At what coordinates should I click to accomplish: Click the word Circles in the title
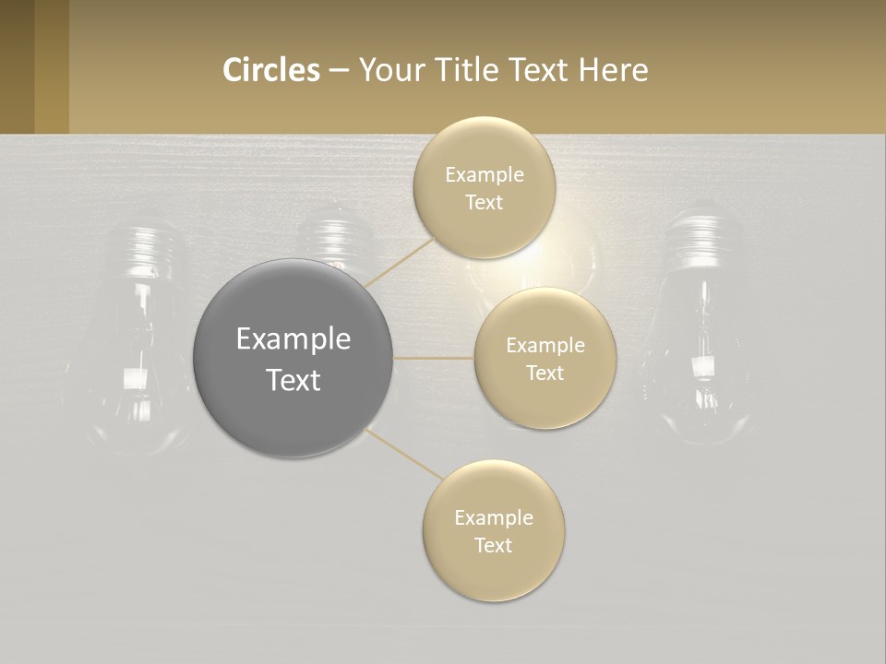tap(270, 70)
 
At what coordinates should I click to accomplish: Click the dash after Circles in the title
tap(339, 71)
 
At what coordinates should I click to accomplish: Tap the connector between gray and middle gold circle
tap(434, 358)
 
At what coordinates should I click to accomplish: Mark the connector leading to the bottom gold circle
tap(404, 455)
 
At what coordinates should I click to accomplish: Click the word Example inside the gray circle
tap(293, 339)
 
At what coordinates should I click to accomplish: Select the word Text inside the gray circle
tap(293, 380)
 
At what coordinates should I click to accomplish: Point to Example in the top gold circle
tap(485, 175)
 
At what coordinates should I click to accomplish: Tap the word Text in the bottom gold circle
tap(494, 545)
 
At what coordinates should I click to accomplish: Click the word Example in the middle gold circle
tap(545, 346)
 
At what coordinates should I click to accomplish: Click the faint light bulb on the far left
tap(138, 332)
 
